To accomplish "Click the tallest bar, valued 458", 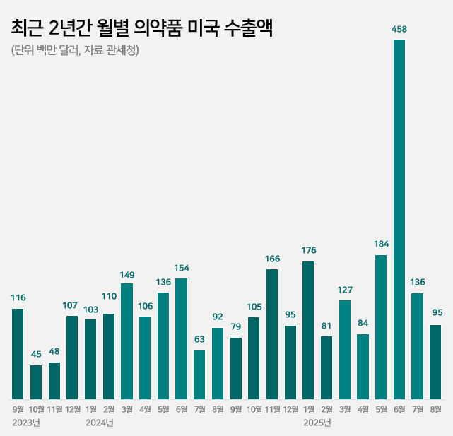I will [399, 219].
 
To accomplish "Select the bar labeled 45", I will [36, 382].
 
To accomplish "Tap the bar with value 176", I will [308, 330].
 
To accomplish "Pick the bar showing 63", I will [199, 375].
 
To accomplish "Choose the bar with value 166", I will [272, 334].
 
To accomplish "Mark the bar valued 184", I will [381, 326].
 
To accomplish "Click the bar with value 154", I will [181, 338].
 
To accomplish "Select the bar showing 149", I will [127, 341].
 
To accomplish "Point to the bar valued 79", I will [236, 368].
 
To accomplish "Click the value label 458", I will [399, 29].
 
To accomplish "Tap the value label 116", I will [18, 298].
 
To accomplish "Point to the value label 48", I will [54, 352].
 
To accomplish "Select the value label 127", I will [345, 290].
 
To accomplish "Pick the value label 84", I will [363, 324].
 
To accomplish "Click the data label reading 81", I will [326, 326].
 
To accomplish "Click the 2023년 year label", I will [26, 423].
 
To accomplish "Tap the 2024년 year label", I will [99, 423].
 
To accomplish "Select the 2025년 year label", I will [317, 423].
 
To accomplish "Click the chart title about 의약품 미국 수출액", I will [141, 28].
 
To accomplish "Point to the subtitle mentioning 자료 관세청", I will [75, 51].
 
